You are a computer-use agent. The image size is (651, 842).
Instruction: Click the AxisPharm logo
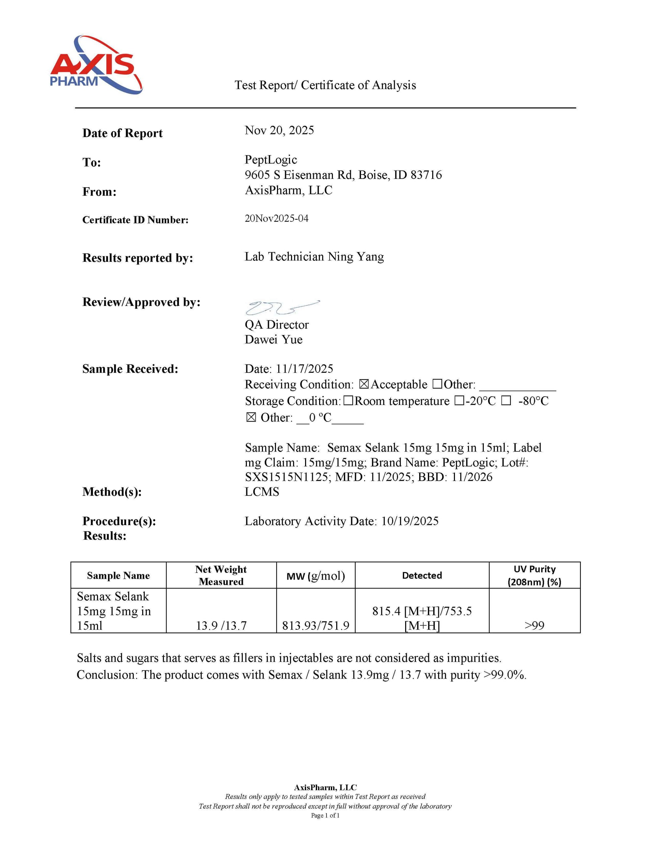(96, 65)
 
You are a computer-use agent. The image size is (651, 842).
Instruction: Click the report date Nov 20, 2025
(279, 130)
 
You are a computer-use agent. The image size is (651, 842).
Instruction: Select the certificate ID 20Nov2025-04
(277, 219)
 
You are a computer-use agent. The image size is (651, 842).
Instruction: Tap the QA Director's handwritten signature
(282, 307)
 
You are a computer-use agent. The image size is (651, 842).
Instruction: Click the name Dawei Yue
(273, 340)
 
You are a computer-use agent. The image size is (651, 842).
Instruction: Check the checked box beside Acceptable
(364, 384)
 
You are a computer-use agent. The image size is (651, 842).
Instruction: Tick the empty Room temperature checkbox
(348, 401)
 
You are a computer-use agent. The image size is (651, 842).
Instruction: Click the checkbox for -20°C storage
(459, 401)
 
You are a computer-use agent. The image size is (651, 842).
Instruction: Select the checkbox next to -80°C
(506, 401)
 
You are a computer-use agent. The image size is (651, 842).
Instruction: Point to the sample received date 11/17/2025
(304, 369)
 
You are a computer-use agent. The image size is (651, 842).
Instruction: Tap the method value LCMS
(262, 492)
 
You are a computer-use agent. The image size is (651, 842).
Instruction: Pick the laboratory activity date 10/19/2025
(409, 521)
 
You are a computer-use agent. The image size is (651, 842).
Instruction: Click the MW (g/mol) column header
(315, 575)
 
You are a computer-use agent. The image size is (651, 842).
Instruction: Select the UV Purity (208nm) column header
(534, 575)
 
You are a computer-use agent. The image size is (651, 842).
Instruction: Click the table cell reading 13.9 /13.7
(221, 625)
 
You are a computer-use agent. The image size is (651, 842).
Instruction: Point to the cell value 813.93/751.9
(315, 625)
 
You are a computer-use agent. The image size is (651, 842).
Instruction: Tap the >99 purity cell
(534, 625)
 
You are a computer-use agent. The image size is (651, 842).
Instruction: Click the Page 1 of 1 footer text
(325, 815)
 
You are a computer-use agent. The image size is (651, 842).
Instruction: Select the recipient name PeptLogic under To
(271, 160)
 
